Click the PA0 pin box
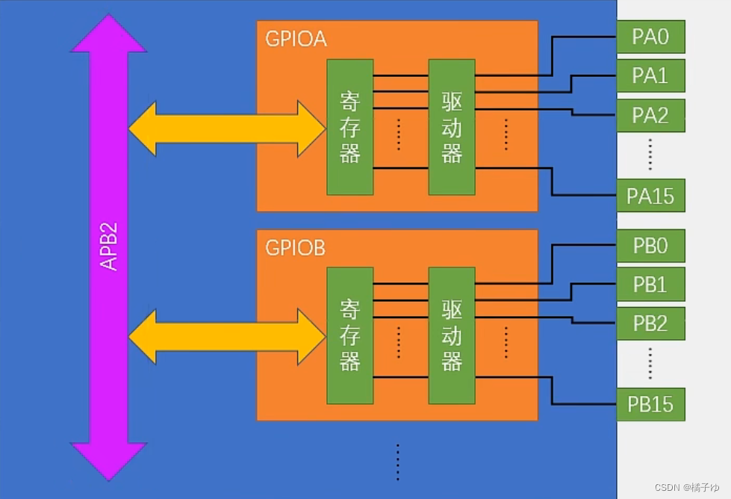(650, 37)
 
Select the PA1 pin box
(650, 75)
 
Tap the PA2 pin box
(650, 116)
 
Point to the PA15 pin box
(650, 196)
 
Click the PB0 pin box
(650, 245)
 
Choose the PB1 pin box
(650, 285)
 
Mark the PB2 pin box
(650, 324)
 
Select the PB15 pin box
(650, 404)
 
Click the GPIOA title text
(296, 39)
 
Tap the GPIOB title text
(296, 248)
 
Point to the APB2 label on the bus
(109, 247)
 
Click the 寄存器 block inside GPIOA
(349, 127)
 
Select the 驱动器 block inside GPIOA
(452, 127)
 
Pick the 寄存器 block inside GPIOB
(349, 335)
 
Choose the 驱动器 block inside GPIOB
(452, 335)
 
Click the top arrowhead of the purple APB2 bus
(108, 34)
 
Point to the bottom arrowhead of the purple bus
(108, 459)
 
